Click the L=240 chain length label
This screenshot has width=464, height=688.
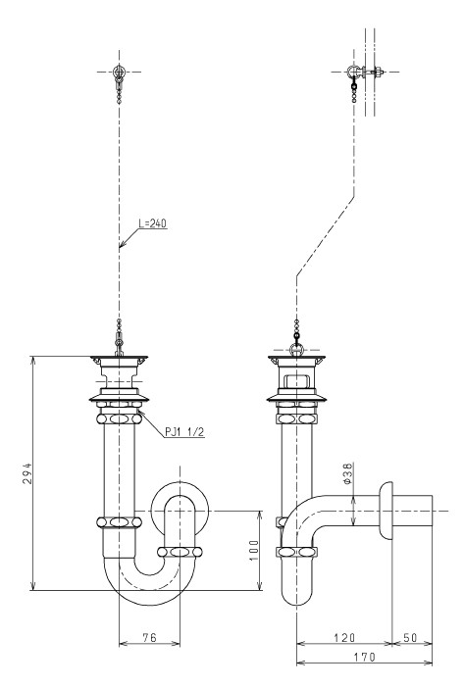152,223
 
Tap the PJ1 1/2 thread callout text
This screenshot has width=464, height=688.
184,432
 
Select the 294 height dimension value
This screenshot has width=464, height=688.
27,472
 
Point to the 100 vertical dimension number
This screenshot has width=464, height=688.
254,551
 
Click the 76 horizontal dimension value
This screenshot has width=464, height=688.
150,637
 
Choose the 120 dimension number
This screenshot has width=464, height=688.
344,637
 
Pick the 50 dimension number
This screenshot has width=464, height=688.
410,637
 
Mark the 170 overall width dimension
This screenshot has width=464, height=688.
365,657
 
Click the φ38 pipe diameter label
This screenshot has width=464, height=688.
347,473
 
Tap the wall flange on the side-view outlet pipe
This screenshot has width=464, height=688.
387,511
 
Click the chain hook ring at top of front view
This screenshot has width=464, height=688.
119,72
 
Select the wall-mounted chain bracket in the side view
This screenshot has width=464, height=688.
366,72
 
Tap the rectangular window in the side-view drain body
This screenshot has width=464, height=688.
297,379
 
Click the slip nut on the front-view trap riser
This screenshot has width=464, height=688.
180,552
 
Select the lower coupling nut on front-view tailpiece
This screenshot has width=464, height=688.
119,522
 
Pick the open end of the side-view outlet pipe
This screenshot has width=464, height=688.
433,511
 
